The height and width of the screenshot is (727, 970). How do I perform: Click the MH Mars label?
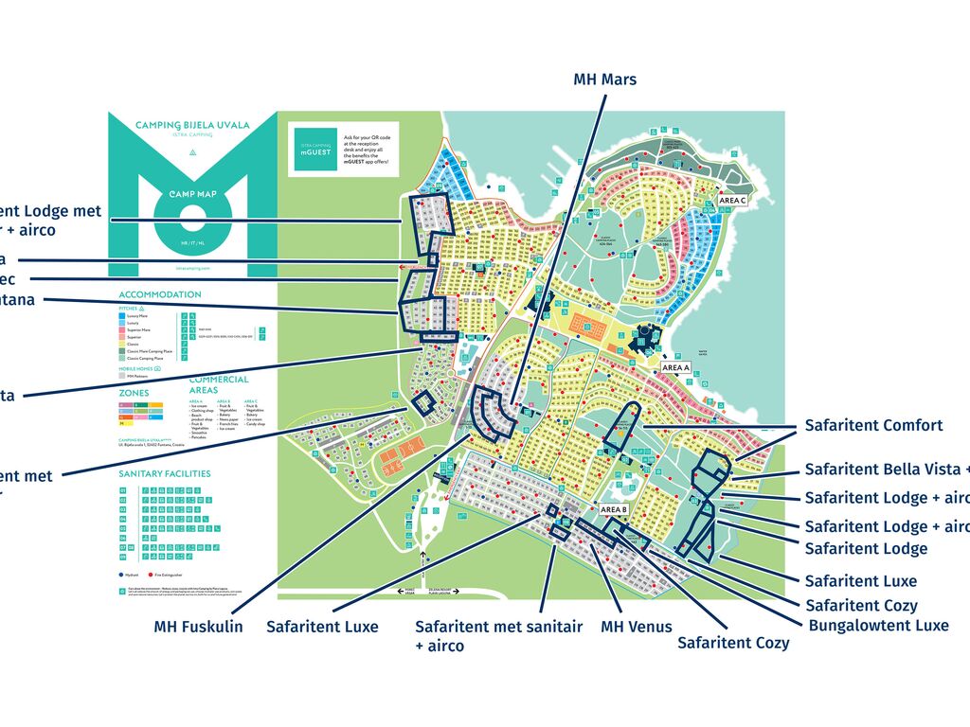[604, 80]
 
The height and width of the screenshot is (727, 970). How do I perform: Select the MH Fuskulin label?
[198, 627]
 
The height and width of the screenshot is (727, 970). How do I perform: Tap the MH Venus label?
[636, 627]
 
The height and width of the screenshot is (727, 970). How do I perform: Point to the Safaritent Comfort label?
[873, 425]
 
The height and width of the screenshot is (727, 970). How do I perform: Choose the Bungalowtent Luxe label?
[878, 625]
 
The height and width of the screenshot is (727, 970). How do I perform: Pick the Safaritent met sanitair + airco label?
[498, 635]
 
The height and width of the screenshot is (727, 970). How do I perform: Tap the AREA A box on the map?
[675, 367]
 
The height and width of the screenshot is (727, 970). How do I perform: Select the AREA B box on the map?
[614, 509]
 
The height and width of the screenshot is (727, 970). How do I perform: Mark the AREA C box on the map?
[732, 201]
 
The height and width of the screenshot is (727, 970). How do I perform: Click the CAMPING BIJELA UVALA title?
[192, 125]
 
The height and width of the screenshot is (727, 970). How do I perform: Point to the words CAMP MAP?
[193, 194]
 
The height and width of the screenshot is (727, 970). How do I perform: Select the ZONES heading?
[134, 392]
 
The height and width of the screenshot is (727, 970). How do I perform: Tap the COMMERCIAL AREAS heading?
[219, 384]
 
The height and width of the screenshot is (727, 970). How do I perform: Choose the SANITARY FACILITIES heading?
[165, 473]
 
